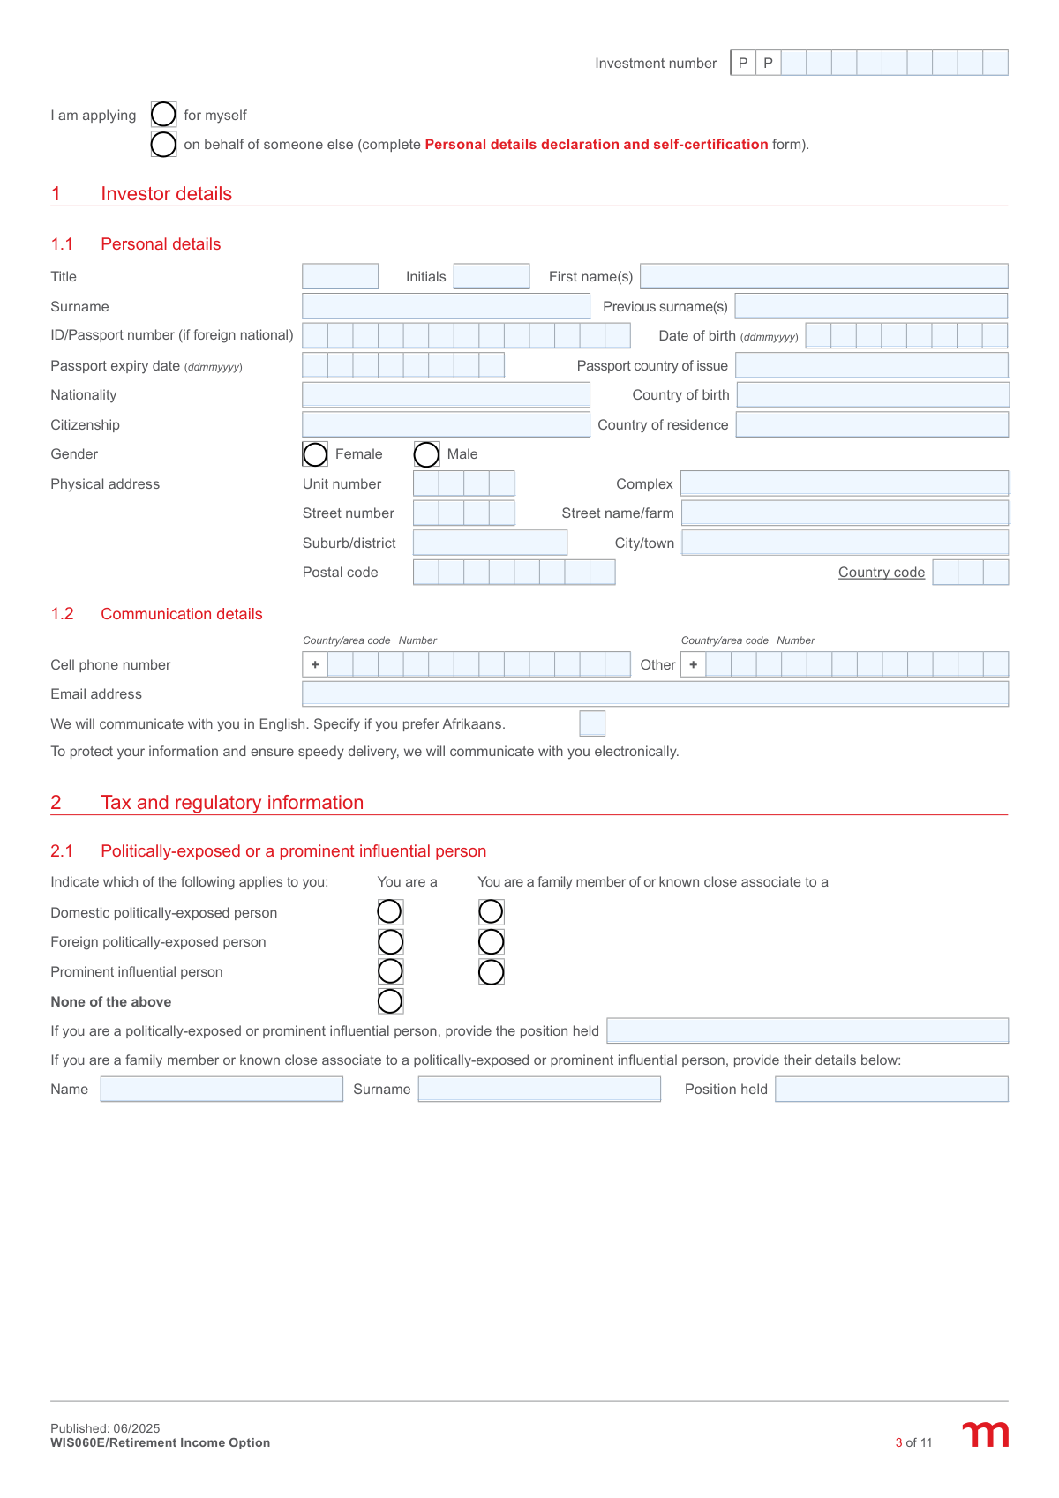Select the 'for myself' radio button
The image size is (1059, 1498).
pyautogui.click(x=163, y=115)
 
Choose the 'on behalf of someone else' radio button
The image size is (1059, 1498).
pyautogui.click(x=163, y=144)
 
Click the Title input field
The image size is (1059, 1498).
pyautogui.click(x=340, y=276)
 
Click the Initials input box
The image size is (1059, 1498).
pyautogui.click(x=491, y=276)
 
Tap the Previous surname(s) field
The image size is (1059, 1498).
pyautogui.click(x=871, y=306)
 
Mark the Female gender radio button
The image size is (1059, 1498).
pyautogui.click(x=315, y=454)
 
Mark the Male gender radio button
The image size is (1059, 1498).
pyautogui.click(x=426, y=454)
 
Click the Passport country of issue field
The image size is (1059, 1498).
pyautogui.click(x=871, y=365)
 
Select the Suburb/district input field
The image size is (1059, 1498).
pyautogui.click(x=490, y=543)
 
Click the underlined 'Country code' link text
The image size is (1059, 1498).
pyautogui.click(x=881, y=573)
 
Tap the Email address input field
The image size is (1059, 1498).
pyautogui.click(x=655, y=693)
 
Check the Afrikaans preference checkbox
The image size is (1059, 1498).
pyautogui.click(x=592, y=723)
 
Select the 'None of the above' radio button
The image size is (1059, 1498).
pyautogui.click(x=390, y=1001)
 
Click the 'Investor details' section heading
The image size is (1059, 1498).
pyautogui.click(x=166, y=194)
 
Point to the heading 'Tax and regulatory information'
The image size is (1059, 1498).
pyautogui.click(x=232, y=803)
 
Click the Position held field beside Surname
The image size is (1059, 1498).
pyautogui.click(x=891, y=1090)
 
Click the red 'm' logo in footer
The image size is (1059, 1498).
pyautogui.click(x=985, y=1434)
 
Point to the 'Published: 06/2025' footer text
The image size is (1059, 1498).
pyautogui.click(x=105, y=1428)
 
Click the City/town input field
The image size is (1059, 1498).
pyautogui.click(x=845, y=543)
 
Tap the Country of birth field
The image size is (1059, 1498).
pyautogui.click(x=872, y=395)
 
